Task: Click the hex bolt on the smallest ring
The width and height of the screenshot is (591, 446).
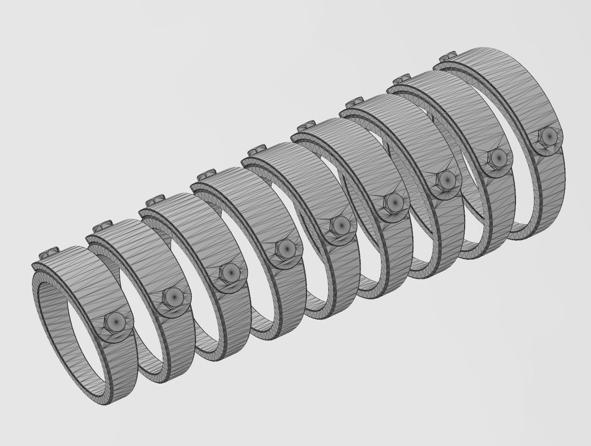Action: click(116, 320)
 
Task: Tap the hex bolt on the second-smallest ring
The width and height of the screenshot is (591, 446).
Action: click(172, 295)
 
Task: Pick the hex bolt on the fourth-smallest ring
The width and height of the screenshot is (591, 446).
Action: click(286, 248)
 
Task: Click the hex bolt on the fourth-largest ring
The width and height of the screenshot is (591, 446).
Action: click(394, 202)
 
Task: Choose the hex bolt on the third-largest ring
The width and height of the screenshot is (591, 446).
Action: click(445, 179)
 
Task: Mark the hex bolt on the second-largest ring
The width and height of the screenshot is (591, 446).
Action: click(497, 157)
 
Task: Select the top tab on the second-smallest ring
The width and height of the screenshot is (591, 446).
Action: click(102, 225)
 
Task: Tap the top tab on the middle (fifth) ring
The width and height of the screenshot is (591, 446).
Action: click(257, 147)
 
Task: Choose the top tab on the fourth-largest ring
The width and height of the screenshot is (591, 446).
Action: click(307, 124)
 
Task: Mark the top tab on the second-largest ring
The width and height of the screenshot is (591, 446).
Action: click(402, 77)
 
